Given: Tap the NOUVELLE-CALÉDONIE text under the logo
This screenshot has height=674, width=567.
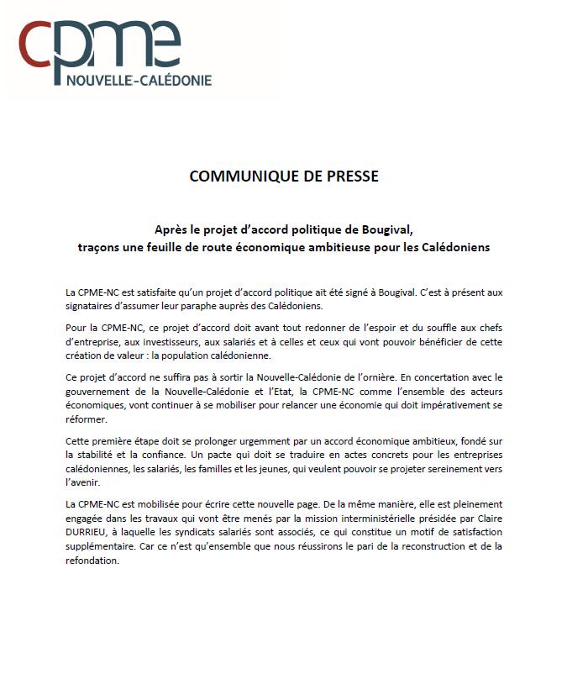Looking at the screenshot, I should tap(139, 81).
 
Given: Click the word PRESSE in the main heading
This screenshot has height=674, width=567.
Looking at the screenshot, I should tap(350, 176).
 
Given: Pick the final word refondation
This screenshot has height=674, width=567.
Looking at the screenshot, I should tap(92, 561).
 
